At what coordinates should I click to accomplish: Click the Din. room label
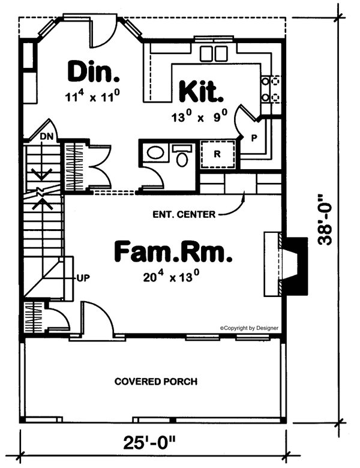tap(94, 71)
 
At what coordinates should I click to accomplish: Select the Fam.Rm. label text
tap(173, 251)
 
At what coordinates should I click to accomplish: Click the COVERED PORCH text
tap(156, 381)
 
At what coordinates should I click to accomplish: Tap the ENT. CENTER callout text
tap(184, 214)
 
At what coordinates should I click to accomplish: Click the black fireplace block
tap(296, 266)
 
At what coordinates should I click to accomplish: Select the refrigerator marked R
tap(218, 154)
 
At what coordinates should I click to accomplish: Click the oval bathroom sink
tap(155, 153)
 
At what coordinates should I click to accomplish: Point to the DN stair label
tap(47, 136)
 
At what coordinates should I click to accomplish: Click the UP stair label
tap(82, 278)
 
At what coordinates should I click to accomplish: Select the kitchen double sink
tap(214, 53)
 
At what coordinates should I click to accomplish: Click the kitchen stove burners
tap(271, 88)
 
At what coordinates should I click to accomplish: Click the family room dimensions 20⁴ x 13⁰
tap(173, 277)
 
